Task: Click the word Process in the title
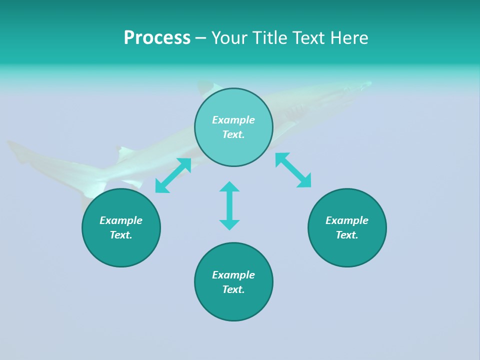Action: coord(157,38)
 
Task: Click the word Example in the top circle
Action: coord(233,120)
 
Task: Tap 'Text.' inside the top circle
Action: coord(233,134)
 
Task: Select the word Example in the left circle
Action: coord(121,220)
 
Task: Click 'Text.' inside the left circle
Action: coord(121,235)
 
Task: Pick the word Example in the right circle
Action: coord(347,220)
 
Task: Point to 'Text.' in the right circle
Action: coord(347,235)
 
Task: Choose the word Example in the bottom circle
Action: coord(233,275)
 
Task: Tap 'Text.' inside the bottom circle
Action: coord(233,289)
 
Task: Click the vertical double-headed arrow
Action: coord(229,205)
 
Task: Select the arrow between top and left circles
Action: coord(173,175)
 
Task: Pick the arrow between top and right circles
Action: coord(293,170)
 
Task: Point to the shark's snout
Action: coord(369,83)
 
